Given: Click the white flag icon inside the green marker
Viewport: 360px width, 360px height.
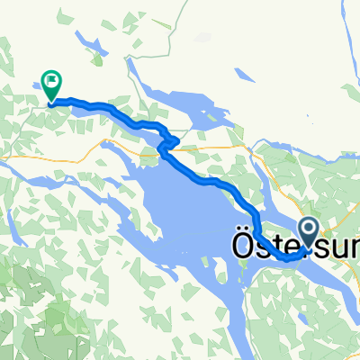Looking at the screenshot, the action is tap(51, 84).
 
